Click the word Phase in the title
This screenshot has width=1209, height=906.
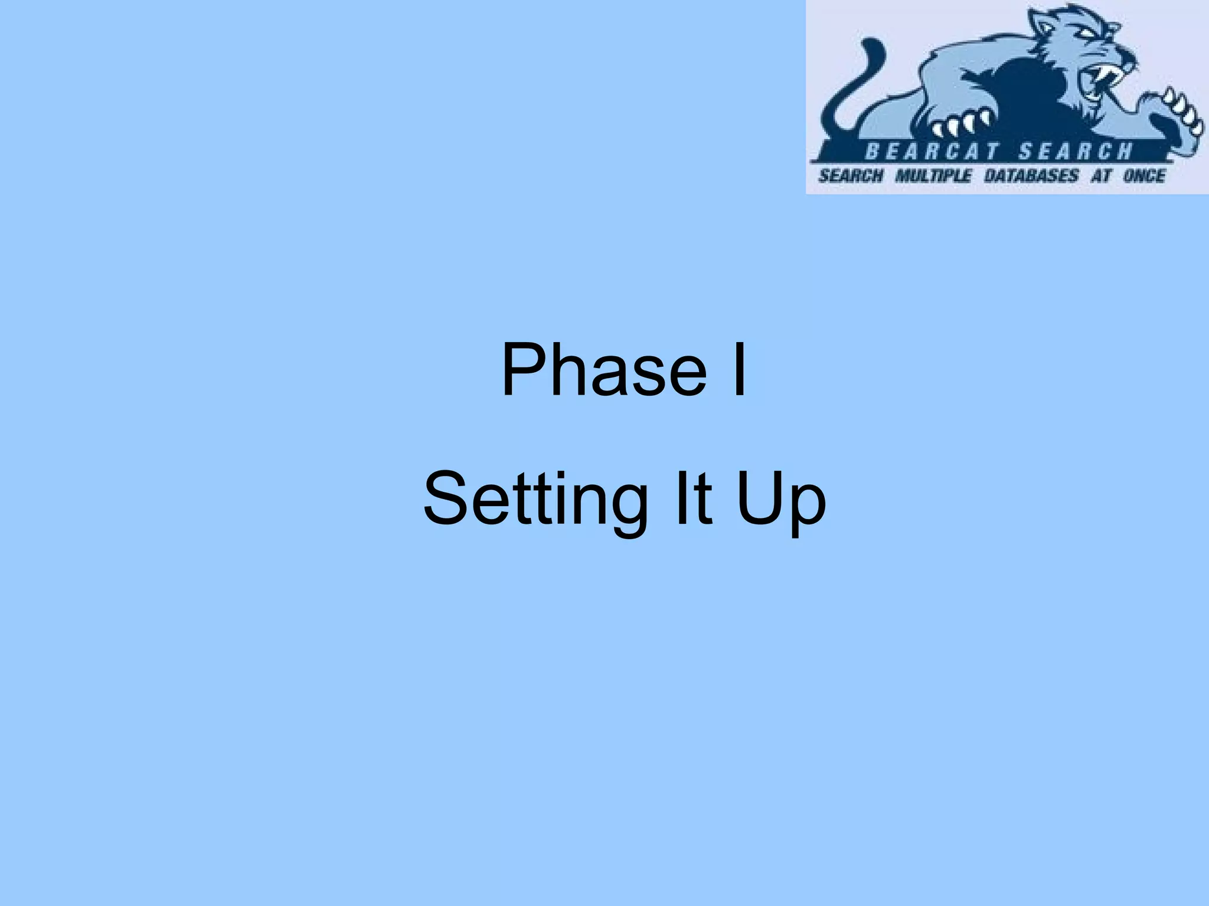(x=603, y=370)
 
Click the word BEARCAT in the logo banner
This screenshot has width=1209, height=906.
(x=931, y=152)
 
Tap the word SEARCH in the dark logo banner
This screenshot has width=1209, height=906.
(x=1076, y=152)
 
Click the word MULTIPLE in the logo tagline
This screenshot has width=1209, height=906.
(x=933, y=176)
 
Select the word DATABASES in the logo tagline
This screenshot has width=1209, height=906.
(x=1031, y=176)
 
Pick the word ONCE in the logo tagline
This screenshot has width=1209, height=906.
(x=1144, y=176)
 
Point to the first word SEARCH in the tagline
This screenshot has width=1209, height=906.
(x=851, y=176)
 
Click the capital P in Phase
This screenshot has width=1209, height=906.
(x=522, y=370)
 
